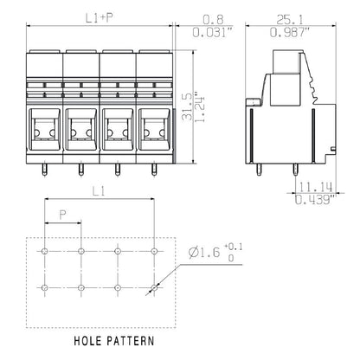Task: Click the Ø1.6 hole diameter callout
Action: pos(204,252)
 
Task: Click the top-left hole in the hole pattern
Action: pos(44,251)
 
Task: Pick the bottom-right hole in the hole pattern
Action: pos(153,287)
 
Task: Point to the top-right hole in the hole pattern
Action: pos(153,251)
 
